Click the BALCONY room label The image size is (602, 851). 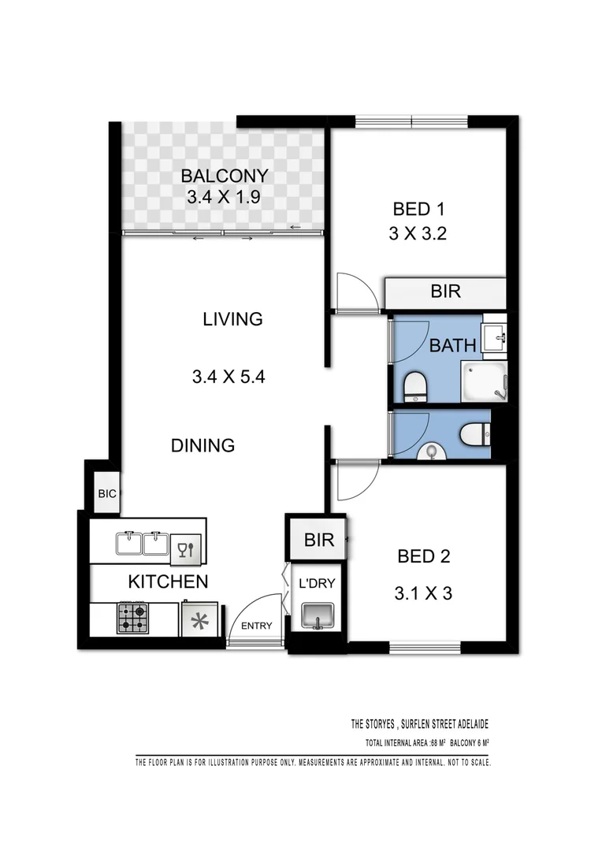click(225, 176)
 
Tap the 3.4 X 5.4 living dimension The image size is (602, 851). click(228, 377)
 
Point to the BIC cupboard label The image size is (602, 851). click(107, 494)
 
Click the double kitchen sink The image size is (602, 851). click(143, 544)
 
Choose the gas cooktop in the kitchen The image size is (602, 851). click(133, 619)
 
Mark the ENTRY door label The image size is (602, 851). click(257, 626)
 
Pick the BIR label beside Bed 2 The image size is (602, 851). click(319, 541)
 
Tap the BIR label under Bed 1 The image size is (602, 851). click(446, 292)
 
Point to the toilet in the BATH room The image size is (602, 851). click(414, 387)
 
